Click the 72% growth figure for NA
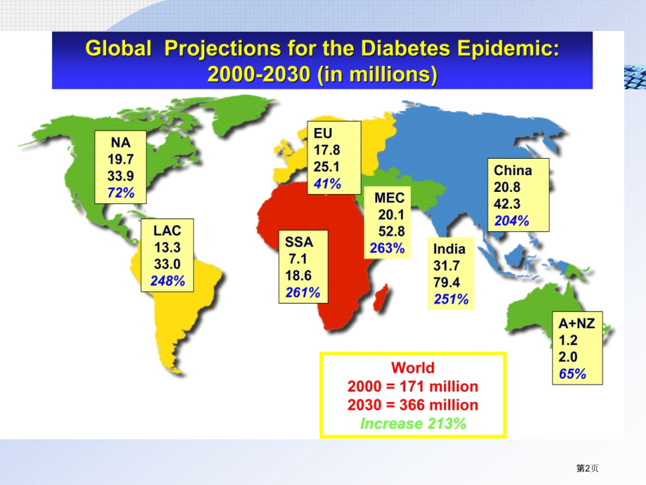pos(121,192)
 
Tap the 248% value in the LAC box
pos(168,281)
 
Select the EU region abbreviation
pos(323,133)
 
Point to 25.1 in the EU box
pos(327,167)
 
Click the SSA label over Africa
pos(298,242)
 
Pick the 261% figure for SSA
pos(303,292)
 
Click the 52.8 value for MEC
pos(391,231)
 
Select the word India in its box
pos(449,248)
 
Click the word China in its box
pos(513,170)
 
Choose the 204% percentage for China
pos(512,221)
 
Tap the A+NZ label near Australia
pos(576,323)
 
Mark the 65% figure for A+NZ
pos(572,374)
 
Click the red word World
pos(413,368)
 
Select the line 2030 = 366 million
pos(413,405)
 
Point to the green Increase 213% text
pos(413,423)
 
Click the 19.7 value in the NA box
pos(121,158)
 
